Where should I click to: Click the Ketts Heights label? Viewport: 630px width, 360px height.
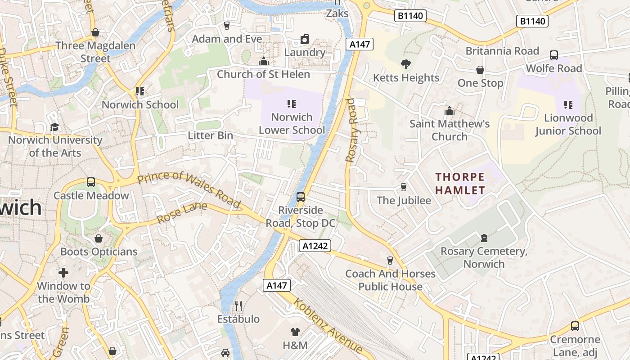(x=406, y=78)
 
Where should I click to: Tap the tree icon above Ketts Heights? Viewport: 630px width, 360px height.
(x=406, y=64)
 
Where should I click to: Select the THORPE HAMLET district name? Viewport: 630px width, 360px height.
(x=460, y=183)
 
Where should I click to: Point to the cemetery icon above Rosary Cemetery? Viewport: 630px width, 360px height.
(x=484, y=238)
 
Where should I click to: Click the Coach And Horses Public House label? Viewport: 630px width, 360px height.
(x=390, y=280)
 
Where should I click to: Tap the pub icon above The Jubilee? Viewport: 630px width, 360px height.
(x=404, y=187)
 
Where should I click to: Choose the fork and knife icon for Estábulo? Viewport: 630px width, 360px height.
(x=238, y=306)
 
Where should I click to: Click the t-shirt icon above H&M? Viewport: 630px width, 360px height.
(x=295, y=332)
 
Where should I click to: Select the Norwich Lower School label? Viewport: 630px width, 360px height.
(x=292, y=124)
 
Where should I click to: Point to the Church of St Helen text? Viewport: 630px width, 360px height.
(x=263, y=74)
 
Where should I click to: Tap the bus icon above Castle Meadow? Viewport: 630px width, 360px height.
(x=91, y=182)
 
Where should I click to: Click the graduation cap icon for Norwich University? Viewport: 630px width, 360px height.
(x=54, y=127)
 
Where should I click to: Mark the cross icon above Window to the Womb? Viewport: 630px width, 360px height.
(x=63, y=272)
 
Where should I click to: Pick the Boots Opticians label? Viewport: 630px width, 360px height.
(x=99, y=252)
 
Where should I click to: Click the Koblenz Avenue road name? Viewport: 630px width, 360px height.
(x=328, y=325)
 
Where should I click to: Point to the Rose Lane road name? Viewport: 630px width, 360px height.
(x=182, y=213)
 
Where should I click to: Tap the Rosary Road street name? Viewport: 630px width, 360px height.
(x=354, y=129)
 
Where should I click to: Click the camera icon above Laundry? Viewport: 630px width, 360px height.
(x=305, y=39)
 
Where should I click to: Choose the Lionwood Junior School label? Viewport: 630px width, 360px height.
(x=568, y=124)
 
